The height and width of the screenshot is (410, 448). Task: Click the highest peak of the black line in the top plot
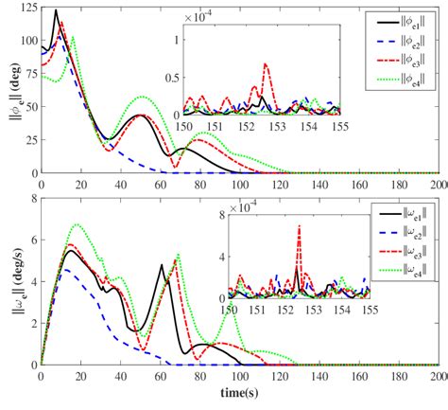56,11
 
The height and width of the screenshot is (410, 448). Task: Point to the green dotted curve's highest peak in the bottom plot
77,225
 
